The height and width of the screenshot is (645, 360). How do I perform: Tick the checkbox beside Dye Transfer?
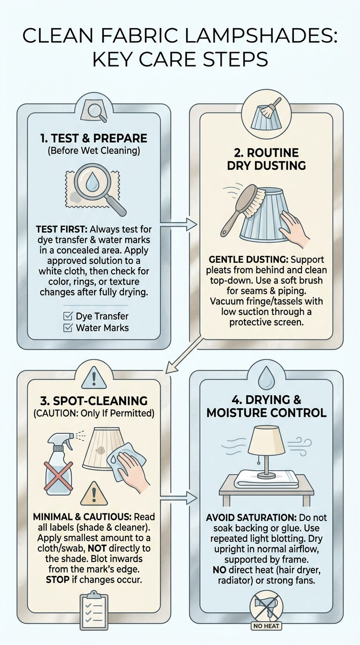[67, 316]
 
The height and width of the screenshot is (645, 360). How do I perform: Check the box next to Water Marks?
[67, 328]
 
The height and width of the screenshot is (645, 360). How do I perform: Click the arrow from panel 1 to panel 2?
[178, 225]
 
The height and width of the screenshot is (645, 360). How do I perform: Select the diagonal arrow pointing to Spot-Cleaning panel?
[184, 355]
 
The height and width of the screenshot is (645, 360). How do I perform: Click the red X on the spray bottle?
[59, 477]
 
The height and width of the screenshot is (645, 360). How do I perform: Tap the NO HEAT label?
[266, 634]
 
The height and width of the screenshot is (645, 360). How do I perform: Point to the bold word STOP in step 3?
[58, 579]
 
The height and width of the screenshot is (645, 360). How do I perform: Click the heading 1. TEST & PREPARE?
[94, 138]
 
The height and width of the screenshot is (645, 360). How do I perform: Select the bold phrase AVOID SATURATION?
[251, 517]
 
